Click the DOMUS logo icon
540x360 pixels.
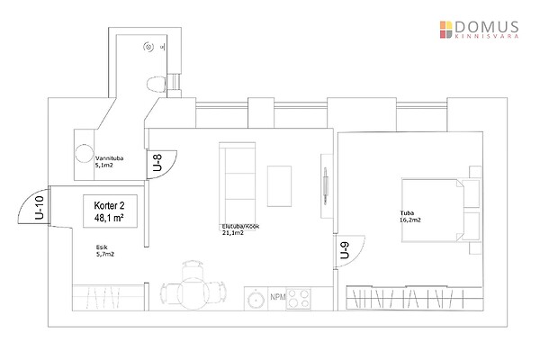[x=446, y=30]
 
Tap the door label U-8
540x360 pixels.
[x=157, y=163]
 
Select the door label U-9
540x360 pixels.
[x=345, y=250]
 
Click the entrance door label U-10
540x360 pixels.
[x=40, y=207]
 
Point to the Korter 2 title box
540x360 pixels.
[x=110, y=211]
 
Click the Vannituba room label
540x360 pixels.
[x=109, y=162]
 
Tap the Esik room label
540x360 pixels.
[x=105, y=251]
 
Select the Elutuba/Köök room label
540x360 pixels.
[x=240, y=229]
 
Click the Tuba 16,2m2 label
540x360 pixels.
[x=410, y=217]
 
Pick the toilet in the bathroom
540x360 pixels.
[x=157, y=85]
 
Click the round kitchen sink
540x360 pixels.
[x=256, y=299]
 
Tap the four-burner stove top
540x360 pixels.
[x=298, y=299]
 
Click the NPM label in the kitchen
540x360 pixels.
[x=278, y=297]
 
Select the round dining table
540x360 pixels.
[x=193, y=293]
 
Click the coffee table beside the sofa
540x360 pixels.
[x=279, y=186]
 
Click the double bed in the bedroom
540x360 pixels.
[x=433, y=210]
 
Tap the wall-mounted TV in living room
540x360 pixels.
[x=326, y=185]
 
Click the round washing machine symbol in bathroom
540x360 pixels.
[x=84, y=153]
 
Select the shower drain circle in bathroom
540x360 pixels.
[x=148, y=47]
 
